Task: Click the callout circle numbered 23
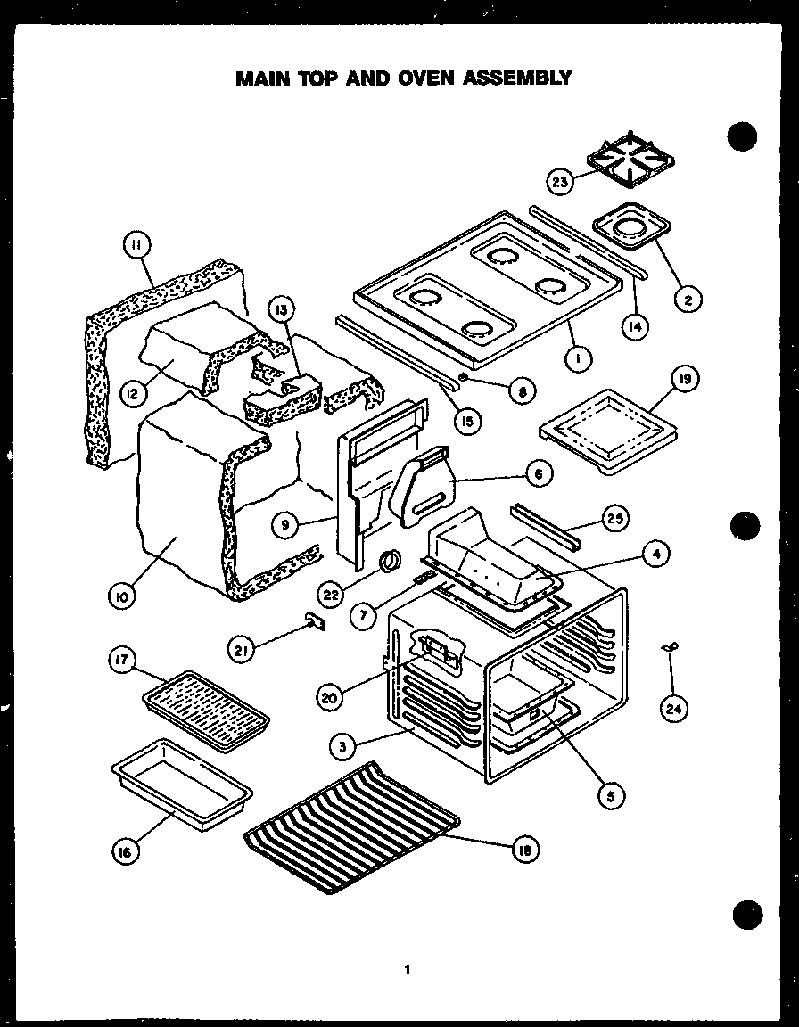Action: (560, 183)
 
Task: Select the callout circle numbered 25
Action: (613, 518)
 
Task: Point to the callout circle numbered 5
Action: (610, 794)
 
